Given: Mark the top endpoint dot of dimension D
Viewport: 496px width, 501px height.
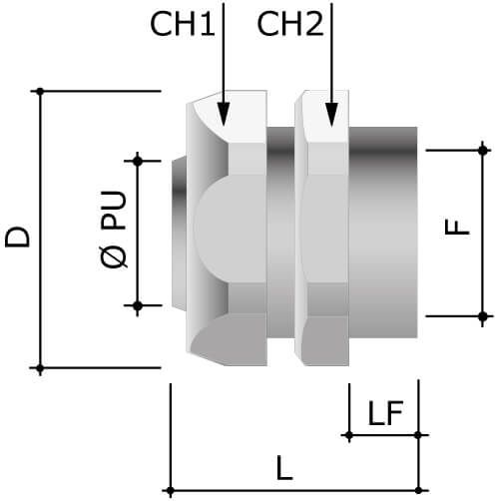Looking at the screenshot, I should (x=40, y=92).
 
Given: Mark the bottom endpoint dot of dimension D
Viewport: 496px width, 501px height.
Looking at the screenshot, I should (x=40, y=368).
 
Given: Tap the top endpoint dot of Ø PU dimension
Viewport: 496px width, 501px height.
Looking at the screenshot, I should (x=138, y=159).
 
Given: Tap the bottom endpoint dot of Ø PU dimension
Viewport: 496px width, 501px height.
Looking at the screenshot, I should (x=138, y=305).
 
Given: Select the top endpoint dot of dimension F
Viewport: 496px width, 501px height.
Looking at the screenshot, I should (x=484, y=150).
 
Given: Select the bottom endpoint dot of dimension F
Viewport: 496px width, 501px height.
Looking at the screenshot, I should (x=484, y=316).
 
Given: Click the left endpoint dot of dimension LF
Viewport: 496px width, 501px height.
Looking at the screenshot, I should (x=347, y=435).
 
